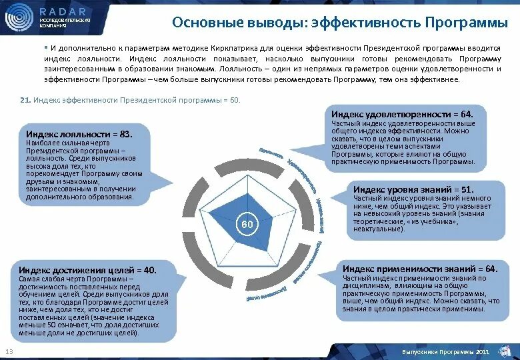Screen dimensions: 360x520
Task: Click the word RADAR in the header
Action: click(63, 11)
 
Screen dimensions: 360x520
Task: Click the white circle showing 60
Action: click(247, 225)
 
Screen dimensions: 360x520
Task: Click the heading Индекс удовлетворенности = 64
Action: click(401, 115)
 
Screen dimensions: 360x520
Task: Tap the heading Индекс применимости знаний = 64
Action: click(420, 269)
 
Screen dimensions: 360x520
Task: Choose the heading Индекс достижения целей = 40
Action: click(87, 269)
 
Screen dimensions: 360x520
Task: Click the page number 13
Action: click(9, 352)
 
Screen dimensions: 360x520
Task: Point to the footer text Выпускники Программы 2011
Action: click(437, 351)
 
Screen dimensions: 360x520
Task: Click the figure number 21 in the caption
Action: click(25, 100)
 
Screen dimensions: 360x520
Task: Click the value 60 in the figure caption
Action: click(233, 100)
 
